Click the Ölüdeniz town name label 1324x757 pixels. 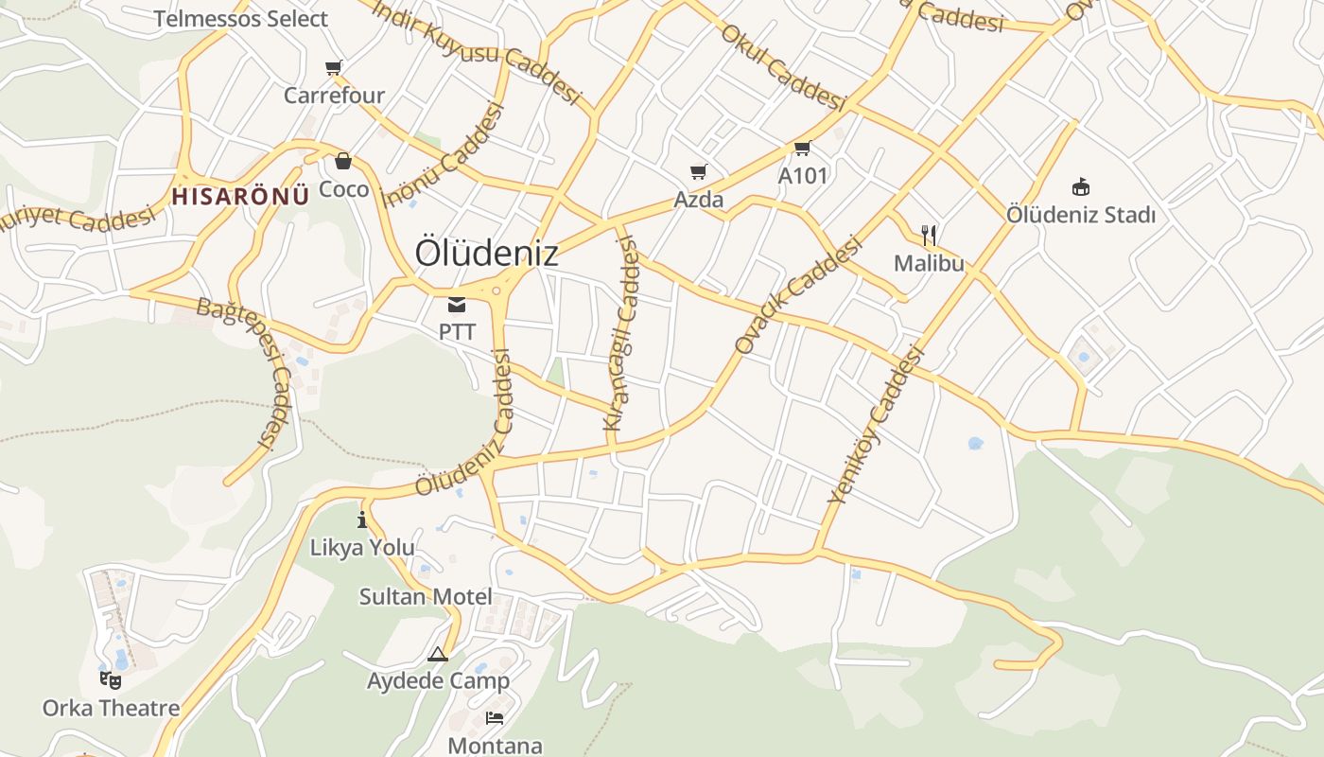[x=486, y=254]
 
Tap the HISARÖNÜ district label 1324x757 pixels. [x=240, y=196]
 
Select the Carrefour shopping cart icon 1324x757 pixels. [x=333, y=67]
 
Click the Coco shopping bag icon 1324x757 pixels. [x=343, y=162]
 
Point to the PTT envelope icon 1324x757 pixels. [x=457, y=305]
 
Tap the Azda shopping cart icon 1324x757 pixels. [x=699, y=171]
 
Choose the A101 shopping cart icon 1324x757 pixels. [x=803, y=148]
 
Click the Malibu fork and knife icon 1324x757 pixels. [x=929, y=235]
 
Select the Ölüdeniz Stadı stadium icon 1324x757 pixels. [x=1081, y=186]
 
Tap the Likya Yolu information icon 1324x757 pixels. [x=362, y=519]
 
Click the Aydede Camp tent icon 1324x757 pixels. [x=437, y=654]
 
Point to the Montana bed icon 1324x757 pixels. [x=495, y=718]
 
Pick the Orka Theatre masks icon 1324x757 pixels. [x=111, y=679]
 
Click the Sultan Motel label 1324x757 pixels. [x=426, y=597]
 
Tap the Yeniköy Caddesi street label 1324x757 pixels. [x=875, y=424]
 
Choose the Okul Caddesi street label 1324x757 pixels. [x=781, y=67]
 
